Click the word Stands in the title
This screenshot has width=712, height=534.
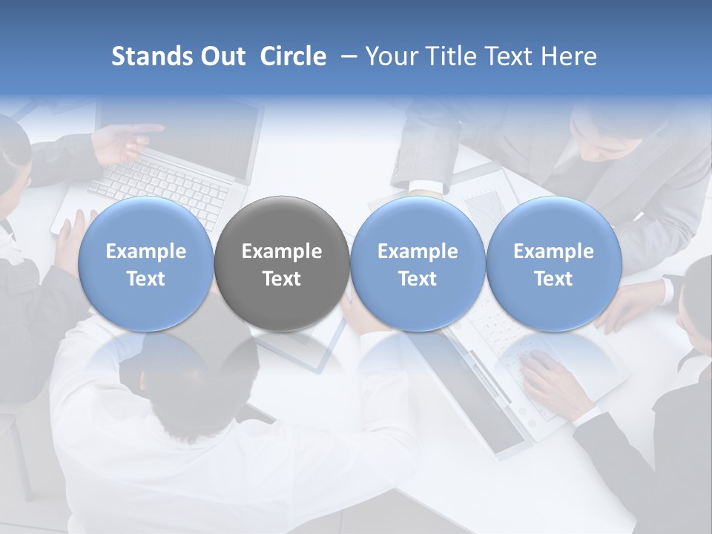pyautogui.click(x=153, y=56)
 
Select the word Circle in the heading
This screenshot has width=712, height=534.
pyautogui.click(x=293, y=56)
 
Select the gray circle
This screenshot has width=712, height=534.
pyautogui.click(x=282, y=264)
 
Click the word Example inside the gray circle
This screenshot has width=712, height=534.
pyautogui.click(x=282, y=251)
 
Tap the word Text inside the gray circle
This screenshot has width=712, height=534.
pyautogui.click(x=282, y=279)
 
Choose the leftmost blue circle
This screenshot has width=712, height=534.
pyautogui.click(x=145, y=264)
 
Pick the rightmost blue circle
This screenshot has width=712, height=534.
pyautogui.click(x=553, y=264)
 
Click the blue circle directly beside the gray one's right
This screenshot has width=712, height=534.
pyautogui.click(x=418, y=264)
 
